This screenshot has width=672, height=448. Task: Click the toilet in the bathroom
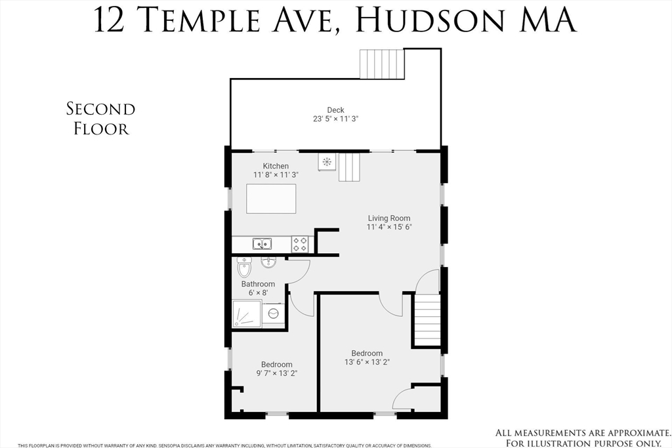click(x=245, y=267)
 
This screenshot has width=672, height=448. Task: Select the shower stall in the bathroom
click(x=247, y=314)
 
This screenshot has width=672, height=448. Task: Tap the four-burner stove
click(x=300, y=244)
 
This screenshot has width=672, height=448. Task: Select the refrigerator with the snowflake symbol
click(x=326, y=161)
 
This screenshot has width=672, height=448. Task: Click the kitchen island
click(x=271, y=199)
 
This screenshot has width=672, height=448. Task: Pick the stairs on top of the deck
click(x=381, y=64)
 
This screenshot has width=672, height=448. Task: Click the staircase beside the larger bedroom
click(x=427, y=319)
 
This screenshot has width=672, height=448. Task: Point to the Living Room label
click(x=388, y=218)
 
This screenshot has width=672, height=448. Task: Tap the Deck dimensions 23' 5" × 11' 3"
click(x=335, y=119)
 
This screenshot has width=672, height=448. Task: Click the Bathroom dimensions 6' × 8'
click(x=257, y=293)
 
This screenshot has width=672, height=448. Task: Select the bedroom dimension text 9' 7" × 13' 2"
click(x=276, y=374)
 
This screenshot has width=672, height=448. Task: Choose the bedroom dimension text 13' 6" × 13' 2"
click(x=367, y=362)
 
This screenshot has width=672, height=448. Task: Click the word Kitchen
click(x=276, y=166)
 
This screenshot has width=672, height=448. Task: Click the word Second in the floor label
click(x=100, y=109)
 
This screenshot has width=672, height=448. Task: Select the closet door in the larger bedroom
click(x=402, y=397)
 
